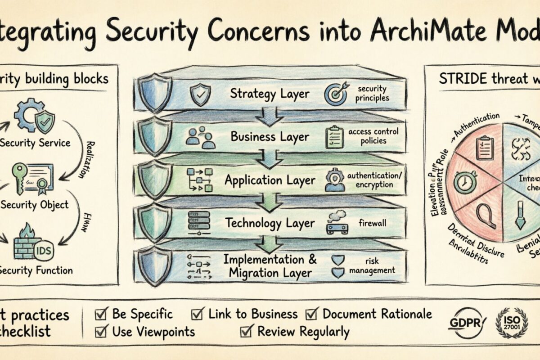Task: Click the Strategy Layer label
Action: click(x=269, y=94)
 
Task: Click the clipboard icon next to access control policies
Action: click(x=333, y=137)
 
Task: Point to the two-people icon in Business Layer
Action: click(x=200, y=137)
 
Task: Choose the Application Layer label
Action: click(x=270, y=180)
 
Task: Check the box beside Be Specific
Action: click(x=102, y=314)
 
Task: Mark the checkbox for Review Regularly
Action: click(x=246, y=332)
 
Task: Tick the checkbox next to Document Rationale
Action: click(x=312, y=314)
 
